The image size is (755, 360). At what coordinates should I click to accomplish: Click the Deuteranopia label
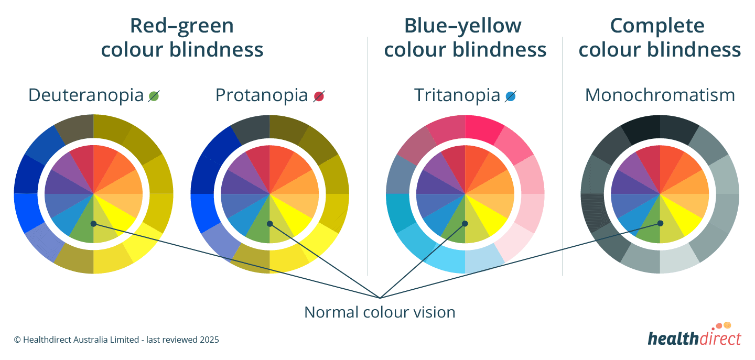click(85, 95)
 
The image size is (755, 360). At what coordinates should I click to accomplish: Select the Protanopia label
click(261, 95)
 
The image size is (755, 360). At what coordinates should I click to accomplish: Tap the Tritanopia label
click(457, 95)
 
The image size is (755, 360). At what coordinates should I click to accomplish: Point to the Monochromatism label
click(660, 95)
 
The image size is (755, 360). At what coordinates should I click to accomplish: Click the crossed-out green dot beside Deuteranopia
click(154, 96)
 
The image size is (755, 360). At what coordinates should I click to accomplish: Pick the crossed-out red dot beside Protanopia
click(319, 96)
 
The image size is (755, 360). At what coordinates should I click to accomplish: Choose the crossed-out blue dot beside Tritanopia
click(511, 96)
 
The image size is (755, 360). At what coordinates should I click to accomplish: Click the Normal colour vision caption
click(380, 312)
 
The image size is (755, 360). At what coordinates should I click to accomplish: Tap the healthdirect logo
click(694, 336)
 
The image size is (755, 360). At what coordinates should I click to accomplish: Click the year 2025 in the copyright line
click(209, 340)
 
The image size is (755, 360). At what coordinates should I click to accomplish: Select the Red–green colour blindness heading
click(182, 38)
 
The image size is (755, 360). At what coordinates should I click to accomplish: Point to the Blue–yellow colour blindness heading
click(465, 38)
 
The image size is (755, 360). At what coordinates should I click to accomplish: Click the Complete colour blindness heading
click(660, 38)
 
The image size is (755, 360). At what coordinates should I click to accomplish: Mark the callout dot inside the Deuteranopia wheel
click(93, 224)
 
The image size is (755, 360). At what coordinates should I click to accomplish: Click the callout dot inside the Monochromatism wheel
click(660, 223)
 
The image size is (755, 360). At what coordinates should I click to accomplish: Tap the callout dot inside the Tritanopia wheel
click(465, 224)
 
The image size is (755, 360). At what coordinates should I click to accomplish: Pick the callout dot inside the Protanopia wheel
click(269, 224)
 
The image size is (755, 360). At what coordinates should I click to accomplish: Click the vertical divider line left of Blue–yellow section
click(368, 157)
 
